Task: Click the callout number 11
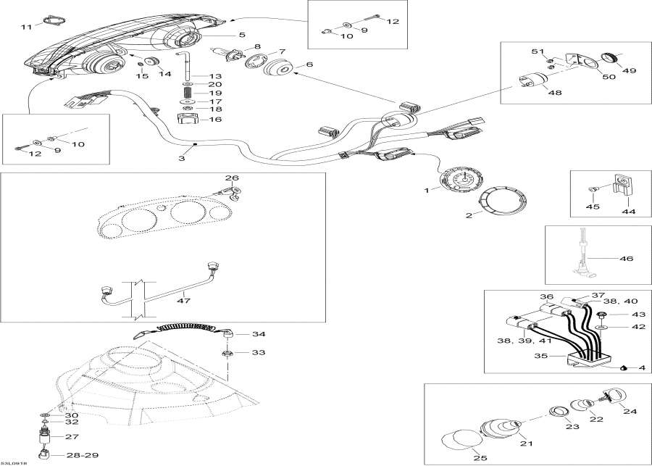pyautogui.click(x=26, y=27)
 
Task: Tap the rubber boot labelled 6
pyautogui.click(x=277, y=71)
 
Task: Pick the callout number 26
pyautogui.click(x=231, y=178)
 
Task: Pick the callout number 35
pyautogui.click(x=540, y=357)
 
